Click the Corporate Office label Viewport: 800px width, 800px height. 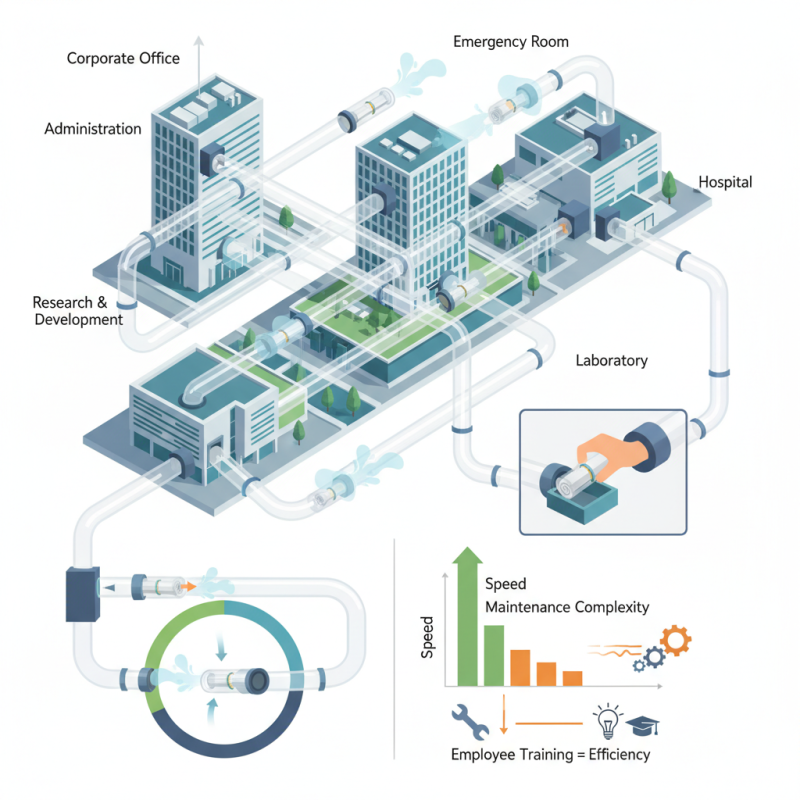point(123,58)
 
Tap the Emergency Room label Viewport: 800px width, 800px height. point(511,42)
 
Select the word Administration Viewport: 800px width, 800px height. point(93,129)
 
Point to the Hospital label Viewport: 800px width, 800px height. point(725,183)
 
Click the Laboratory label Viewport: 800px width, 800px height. point(612,360)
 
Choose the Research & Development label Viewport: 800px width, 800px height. point(78,310)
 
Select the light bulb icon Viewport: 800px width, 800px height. point(606,718)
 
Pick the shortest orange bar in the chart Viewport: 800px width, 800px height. point(572,677)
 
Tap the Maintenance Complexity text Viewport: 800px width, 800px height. point(566,607)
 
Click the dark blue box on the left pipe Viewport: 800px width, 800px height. point(80,592)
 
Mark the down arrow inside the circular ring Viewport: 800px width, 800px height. point(221,650)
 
